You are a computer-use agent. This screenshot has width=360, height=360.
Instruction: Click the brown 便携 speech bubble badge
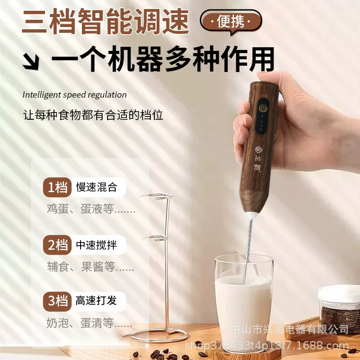tap(231, 22)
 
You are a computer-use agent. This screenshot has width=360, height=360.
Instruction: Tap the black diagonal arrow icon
tap(31, 62)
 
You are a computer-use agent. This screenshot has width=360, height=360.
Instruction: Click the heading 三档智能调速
tap(106, 21)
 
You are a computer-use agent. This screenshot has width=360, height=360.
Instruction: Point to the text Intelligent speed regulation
tap(74, 94)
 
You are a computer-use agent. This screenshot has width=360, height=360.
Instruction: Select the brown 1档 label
tap(58, 187)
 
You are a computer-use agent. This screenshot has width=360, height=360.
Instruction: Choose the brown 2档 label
tap(58, 245)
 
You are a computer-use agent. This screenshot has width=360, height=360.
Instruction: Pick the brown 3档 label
tap(58, 301)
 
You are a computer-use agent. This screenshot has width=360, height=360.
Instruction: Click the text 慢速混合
tap(97, 187)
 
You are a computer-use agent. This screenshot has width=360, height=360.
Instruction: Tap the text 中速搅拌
tap(96, 245)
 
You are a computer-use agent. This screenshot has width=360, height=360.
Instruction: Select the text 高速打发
tap(96, 301)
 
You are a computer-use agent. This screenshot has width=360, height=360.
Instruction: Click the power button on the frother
tap(263, 108)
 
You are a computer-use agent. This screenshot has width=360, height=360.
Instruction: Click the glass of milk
tap(244, 303)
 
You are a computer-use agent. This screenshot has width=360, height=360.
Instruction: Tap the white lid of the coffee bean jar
tap(339, 293)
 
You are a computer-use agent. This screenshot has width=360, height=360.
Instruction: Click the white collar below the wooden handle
tap(252, 216)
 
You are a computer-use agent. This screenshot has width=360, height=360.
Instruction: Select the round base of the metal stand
tap(156, 336)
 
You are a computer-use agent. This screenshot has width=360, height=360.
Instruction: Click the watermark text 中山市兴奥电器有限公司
tap(290, 329)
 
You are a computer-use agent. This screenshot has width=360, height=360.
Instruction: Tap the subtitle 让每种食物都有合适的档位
tap(93, 115)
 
